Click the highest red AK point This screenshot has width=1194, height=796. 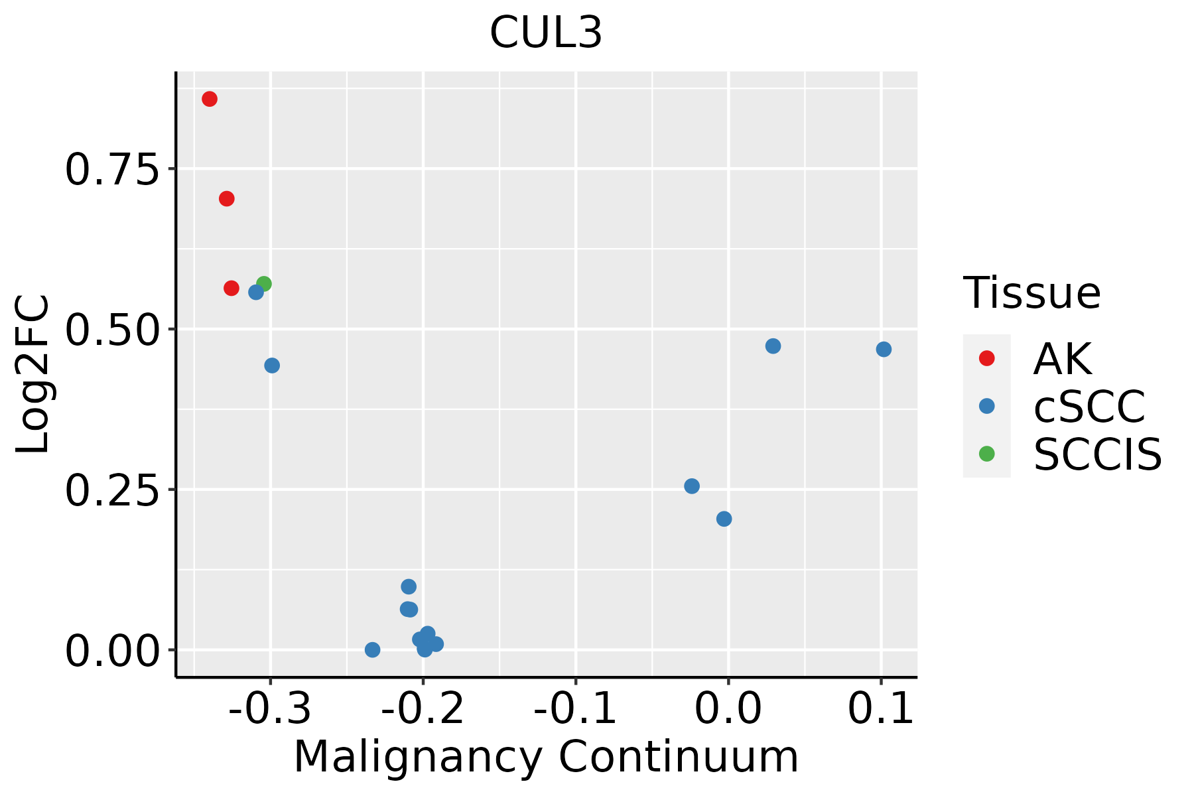click(210, 99)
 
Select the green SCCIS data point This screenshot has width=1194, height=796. click(264, 284)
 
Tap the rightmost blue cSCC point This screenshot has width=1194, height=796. click(884, 349)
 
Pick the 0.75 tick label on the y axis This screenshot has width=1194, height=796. click(113, 170)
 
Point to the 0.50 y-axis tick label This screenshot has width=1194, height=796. click(113, 330)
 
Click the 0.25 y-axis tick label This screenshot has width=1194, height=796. click(113, 491)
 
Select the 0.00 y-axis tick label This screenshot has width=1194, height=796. click(113, 651)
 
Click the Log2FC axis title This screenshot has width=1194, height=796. click(33, 374)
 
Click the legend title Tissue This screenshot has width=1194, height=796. click(1031, 293)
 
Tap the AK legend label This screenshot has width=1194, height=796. click(1062, 359)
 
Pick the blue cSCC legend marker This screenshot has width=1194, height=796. click(986, 406)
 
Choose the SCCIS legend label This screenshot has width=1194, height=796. click(1098, 454)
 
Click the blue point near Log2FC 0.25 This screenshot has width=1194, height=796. click(692, 486)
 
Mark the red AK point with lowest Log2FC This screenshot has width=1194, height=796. click(232, 288)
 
